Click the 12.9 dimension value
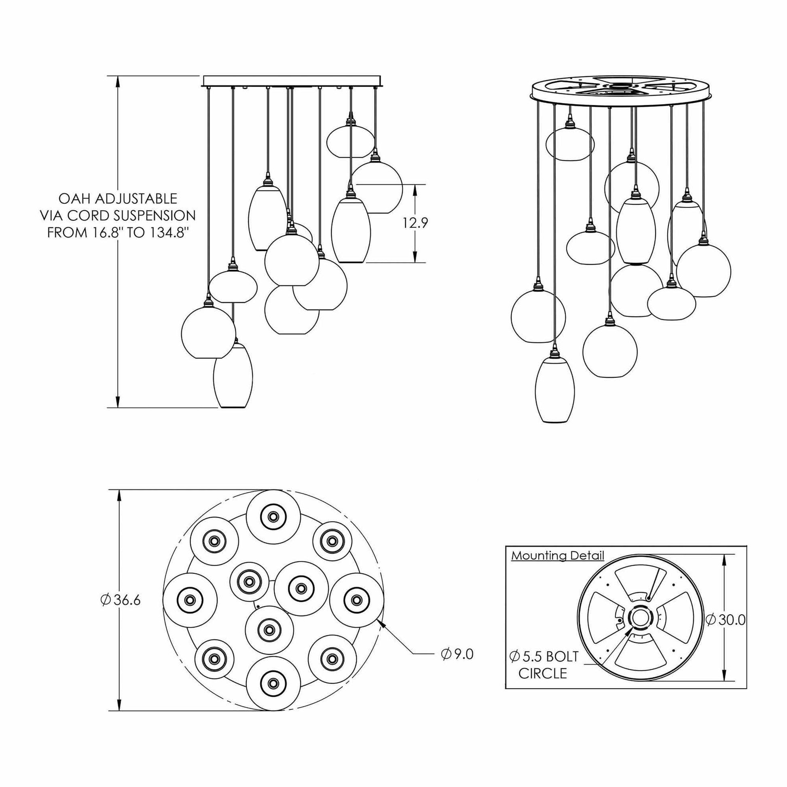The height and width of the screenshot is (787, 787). click(415, 223)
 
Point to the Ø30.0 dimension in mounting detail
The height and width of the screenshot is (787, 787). click(726, 620)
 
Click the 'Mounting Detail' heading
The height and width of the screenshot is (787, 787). click(558, 556)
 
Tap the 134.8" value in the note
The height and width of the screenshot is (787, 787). click(168, 233)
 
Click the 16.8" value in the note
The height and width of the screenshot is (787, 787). click(112, 233)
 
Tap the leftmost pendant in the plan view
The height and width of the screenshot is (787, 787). click(190, 600)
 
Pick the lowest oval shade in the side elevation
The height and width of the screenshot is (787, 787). click(233, 375)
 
